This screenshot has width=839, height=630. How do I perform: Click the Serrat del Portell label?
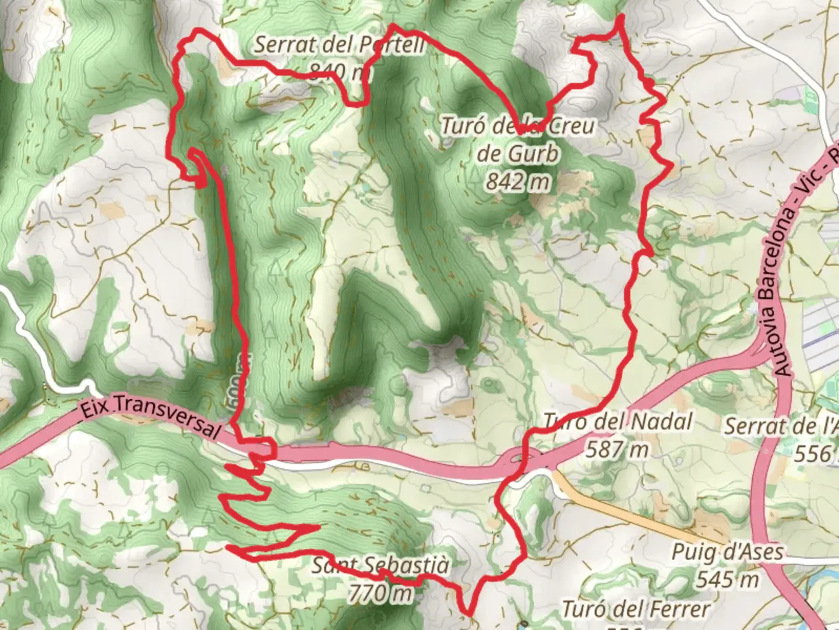point(340,44)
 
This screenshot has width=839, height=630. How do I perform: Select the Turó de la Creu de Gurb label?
point(518,140)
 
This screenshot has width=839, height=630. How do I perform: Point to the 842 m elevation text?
point(518,182)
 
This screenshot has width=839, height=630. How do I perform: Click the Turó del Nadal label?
point(618,421)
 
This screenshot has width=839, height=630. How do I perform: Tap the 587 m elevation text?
point(616,449)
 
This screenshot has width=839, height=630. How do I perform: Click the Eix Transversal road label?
point(150,415)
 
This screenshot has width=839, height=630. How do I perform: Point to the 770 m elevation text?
point(380,593)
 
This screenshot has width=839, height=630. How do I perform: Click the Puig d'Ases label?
point(727,551)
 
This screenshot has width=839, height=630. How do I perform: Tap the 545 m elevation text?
point(727,579)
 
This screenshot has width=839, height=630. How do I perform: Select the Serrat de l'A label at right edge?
point(781,426)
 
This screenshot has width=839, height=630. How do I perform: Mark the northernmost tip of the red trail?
point(620,16)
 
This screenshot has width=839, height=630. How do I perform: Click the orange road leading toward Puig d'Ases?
point(629,510)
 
